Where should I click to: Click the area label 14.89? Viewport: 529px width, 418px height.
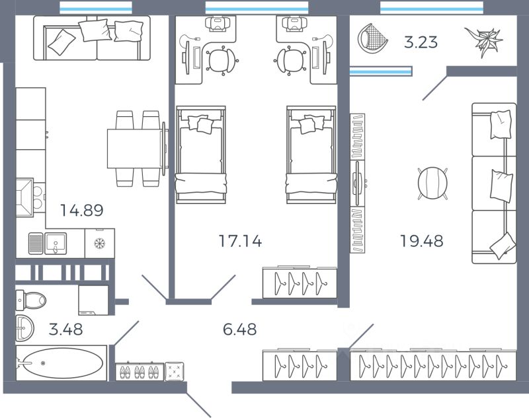pos(82,211)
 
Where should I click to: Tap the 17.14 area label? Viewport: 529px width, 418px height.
pos(240,241)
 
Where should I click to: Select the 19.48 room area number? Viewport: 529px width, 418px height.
pos(421,241)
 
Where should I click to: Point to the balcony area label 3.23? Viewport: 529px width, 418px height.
pos(421,43)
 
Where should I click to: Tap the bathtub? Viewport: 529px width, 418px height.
pos(61,363)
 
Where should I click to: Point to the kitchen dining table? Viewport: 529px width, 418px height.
pos(136,148)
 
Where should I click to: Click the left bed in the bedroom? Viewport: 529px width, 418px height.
pos(200,153)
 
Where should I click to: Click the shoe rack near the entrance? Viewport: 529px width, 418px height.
pos(140,372)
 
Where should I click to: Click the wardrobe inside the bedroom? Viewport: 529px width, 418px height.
pos(300,283)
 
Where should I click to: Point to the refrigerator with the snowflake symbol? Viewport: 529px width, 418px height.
pos(100,243)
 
